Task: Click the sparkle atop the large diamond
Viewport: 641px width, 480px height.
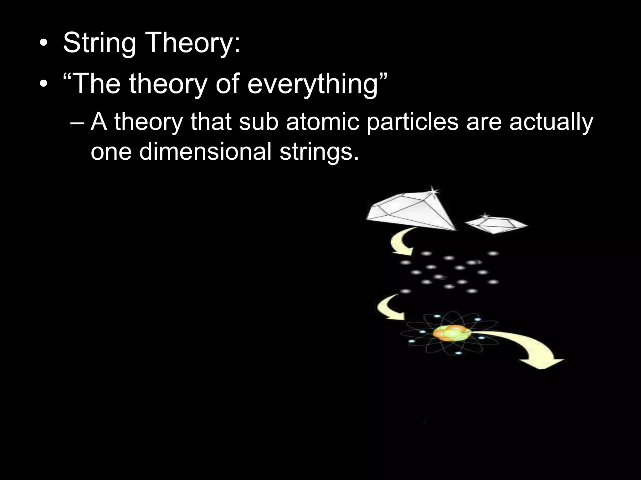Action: pos(433,191)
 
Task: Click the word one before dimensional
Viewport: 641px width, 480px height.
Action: pos(111,152)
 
